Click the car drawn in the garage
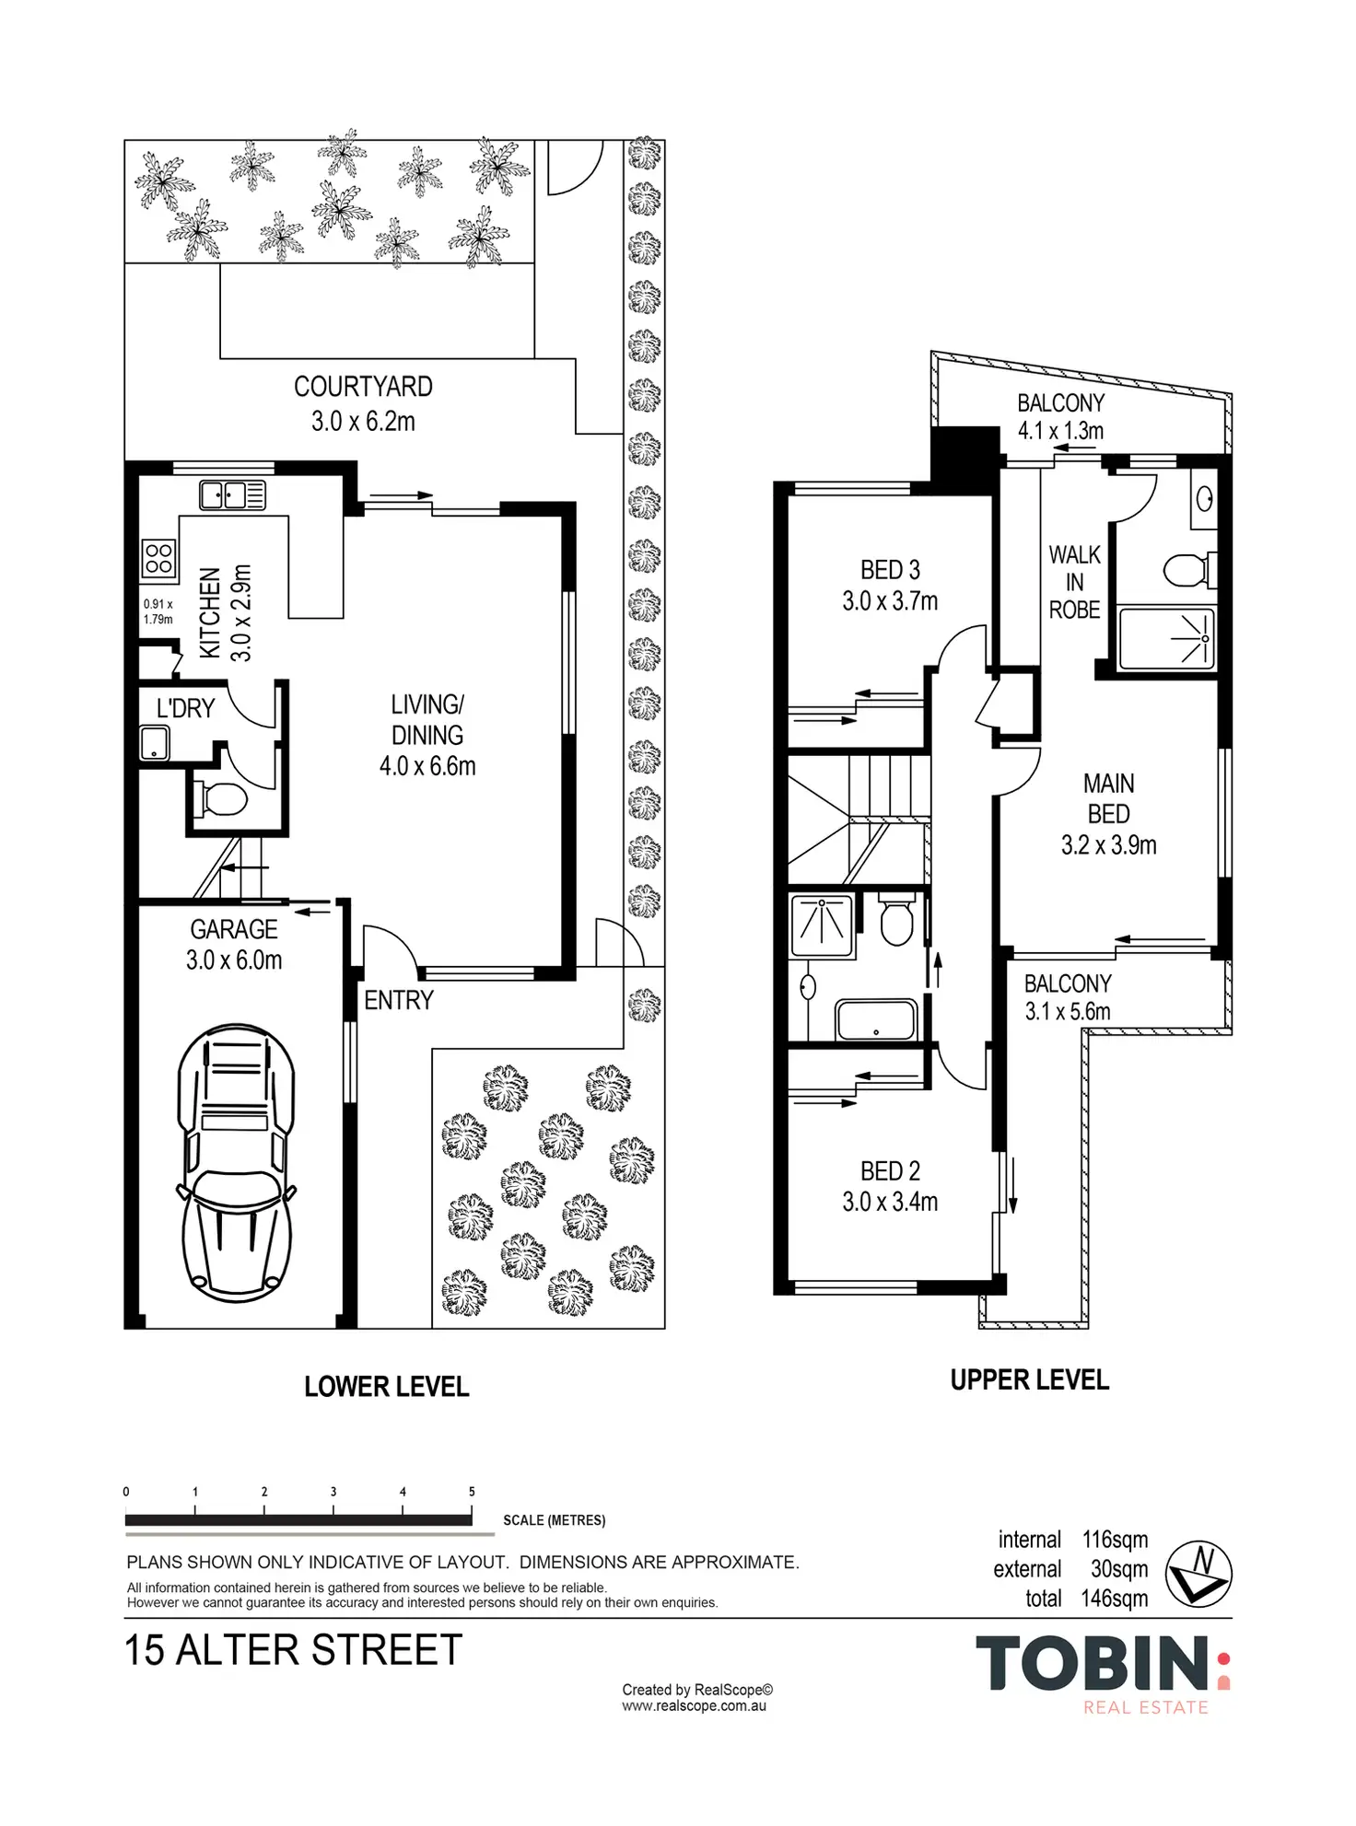(236, 1163)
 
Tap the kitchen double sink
(233, 495)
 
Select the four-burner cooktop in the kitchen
(158, 558)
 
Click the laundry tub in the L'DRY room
(155, 743)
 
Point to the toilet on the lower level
(220, 798)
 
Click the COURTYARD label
(363, 387)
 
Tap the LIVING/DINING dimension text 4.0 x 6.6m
(427, 766)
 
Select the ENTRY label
(399, 1000)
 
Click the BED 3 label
(890, 570)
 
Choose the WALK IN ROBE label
(1074, 582)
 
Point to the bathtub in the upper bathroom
(875, 1020)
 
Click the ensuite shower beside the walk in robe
(1167, 638)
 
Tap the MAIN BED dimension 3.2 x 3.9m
(1108, 845)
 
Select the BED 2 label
(890, 1171)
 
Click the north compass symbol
(1198, 1574)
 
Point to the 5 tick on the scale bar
(472, 1509)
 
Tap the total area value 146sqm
(1115, 1599)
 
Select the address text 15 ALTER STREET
(293, 1650)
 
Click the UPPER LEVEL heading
(1029, 1379)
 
